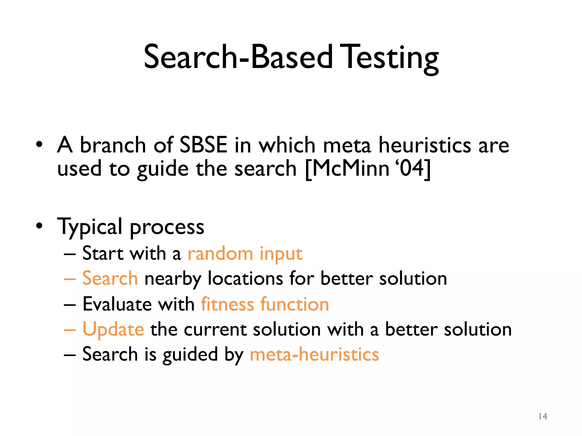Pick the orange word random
[220, 253]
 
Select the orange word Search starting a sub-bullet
[110, 278]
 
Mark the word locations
[245, 278]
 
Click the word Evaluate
[117, 304]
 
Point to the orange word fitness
[227, 304]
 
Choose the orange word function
[295, 304]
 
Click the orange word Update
[113, 330]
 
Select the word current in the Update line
[215, 330]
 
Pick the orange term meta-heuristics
[314, 355]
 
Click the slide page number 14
[543, 416]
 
